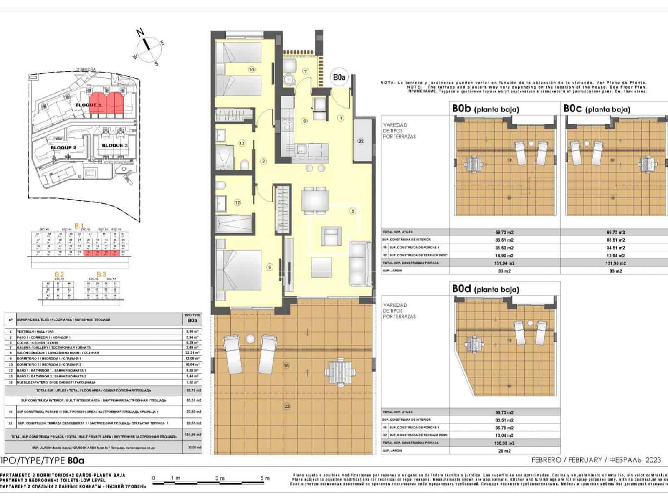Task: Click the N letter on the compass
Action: (141, 32)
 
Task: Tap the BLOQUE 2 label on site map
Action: (63, 147)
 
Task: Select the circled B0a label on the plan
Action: (339, 77)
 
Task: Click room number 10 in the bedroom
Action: (251, 70)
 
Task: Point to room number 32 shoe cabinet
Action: (361, 141)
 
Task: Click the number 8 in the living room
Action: (353, 211)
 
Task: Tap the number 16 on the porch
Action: (286, 366)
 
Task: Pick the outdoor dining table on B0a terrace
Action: (341, 371)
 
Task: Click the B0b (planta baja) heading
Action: (486, 109)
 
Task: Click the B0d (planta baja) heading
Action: (486, 289)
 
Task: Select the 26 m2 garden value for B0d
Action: (504, 451)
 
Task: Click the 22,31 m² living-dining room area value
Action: (192, 353)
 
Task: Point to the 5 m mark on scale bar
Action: (265, 478)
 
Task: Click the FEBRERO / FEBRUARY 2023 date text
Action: (596, 460)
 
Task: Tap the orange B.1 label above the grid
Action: (79, 226)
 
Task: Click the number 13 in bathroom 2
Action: (242, 143)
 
